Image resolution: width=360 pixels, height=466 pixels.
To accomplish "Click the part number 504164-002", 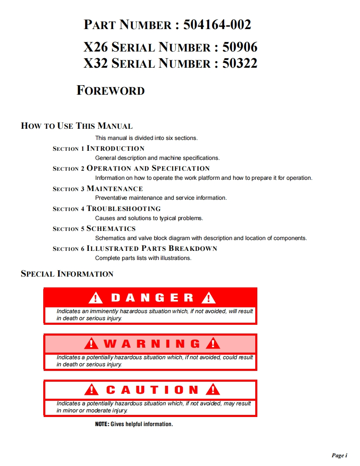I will (x=217, y=25).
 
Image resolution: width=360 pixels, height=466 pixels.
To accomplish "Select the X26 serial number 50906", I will (x=240, y=47).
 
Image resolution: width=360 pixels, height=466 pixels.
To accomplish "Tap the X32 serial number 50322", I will (x=240, y=63).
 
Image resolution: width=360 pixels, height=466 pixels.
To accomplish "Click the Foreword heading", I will (x=111, y=91).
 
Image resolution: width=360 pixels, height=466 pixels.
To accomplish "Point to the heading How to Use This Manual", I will (x=77, y=126).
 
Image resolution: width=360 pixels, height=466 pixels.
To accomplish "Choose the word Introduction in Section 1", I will (x=116, y=148).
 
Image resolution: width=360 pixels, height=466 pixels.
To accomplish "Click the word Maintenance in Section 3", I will (x=115, y=189).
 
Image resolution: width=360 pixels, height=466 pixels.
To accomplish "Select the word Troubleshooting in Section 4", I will (x=123, y=208).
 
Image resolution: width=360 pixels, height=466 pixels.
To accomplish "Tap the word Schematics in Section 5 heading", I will (x=111, y=228).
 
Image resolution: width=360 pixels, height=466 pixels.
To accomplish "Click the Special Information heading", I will (x=67, y=274).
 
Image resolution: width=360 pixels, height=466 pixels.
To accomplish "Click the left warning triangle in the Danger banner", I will (x=96, y=298).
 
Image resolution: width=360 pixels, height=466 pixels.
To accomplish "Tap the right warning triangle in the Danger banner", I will (x=208, y=298).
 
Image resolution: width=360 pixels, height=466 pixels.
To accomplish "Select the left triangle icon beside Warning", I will (x=91, y=344).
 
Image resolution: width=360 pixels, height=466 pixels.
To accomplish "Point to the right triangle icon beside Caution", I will (x=213, y=390).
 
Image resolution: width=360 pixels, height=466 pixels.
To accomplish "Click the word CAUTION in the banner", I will (x=152, y=390).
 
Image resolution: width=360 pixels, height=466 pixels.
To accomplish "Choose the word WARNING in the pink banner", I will (x=152, y=344).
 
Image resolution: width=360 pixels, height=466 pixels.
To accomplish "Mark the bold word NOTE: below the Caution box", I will (x=102, y=424).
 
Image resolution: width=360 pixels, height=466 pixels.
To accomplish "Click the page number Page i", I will (x=339, y=456).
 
